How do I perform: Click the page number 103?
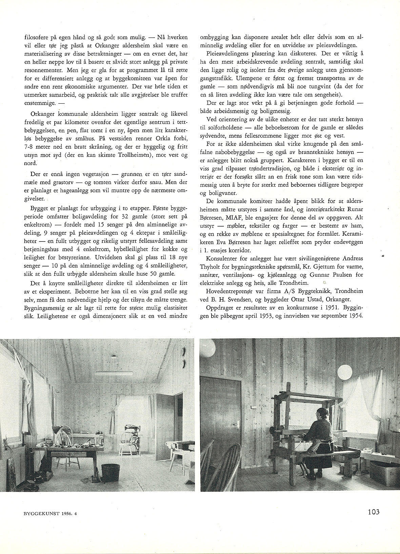(x=373, y=511)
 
